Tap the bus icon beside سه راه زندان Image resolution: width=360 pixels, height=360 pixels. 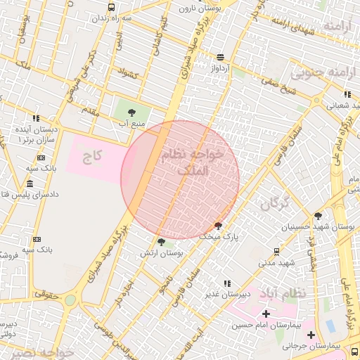point(111,7)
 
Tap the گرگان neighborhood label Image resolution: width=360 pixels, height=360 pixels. point(275,203)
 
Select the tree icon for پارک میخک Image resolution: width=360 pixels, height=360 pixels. point(219,226)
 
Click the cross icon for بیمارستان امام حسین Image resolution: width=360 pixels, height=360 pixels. point(266,314)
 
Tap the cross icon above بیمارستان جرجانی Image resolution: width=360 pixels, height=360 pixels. point(311,335)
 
